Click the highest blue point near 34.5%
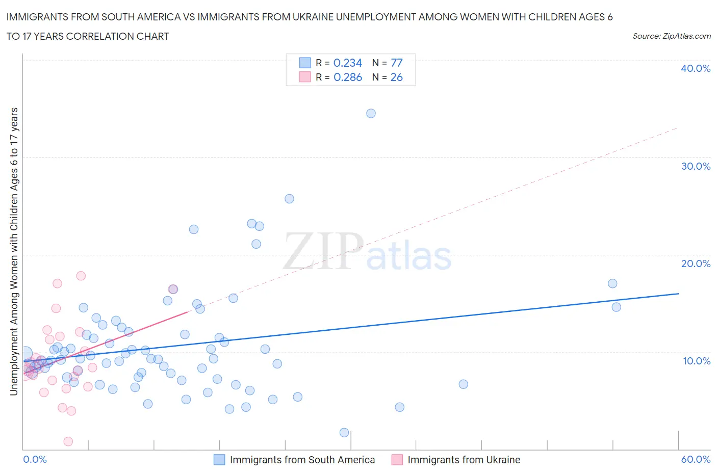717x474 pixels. click(371, 113)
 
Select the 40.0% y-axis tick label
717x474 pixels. click(695, 68)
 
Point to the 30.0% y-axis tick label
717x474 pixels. click(695, 166)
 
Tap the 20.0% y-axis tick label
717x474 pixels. click(695, 264)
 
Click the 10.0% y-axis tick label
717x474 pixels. click(696, 361)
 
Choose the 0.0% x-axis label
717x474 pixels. click(35, 459)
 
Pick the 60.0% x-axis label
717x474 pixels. click(696, 459)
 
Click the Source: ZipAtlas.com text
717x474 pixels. click(671, 36)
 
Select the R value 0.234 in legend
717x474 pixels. click(347, 63)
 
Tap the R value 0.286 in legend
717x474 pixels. click(347, 77)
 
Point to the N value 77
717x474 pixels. click(396, 63)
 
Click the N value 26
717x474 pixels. click(396, 77)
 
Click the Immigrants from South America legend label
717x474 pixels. click(302, 460)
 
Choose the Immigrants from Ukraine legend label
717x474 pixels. click(464, 460)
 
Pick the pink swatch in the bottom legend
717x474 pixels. click(397, 460)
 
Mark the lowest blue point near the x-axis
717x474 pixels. click(344, 432)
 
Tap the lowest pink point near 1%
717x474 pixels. click(68, 441)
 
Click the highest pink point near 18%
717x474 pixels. click(81, 276)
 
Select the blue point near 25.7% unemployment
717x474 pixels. click(289, 199)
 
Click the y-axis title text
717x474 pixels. click(14, 251)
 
